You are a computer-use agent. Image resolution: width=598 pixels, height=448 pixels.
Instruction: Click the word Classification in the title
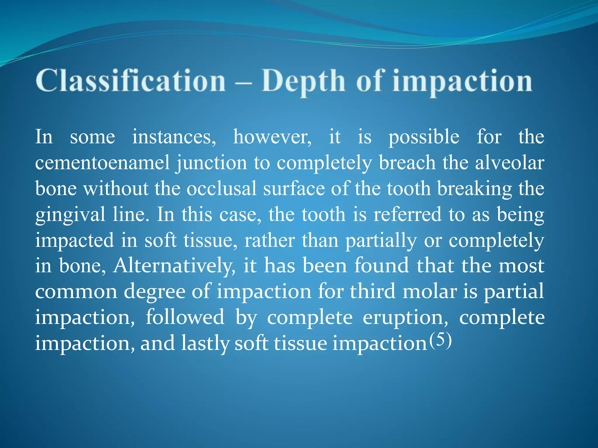[x=131, y=81]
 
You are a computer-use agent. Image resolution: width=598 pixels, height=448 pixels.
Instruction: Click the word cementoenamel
[x=102, y=162]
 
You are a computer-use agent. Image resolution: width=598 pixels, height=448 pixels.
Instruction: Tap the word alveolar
[x=510, y=162]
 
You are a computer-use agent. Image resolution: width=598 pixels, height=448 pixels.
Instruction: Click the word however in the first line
[x=272, y=137]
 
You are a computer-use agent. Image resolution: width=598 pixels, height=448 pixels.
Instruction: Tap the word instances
[x=174, y=137]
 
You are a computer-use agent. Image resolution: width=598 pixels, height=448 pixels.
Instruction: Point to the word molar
[x=430, y=291]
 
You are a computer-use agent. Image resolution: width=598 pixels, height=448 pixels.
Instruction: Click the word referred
[x=408, y=214]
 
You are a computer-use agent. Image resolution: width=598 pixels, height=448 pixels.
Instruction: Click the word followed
[x=185, y=317]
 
